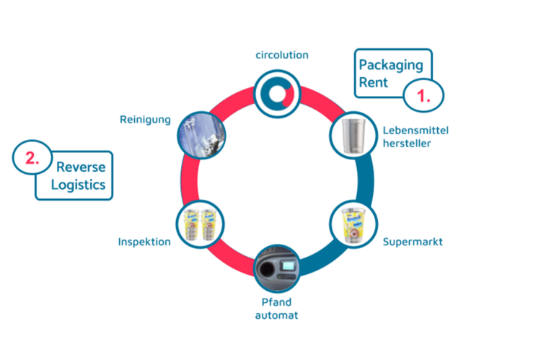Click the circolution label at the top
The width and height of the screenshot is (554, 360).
[x=282, y=55]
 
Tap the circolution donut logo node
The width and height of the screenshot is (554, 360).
[x=277, y=92]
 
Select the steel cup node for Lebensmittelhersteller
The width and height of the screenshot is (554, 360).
[x=353, y=136]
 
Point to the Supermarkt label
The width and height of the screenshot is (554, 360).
[x=413, y=241]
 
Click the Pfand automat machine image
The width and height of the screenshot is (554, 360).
[x=278, y=270]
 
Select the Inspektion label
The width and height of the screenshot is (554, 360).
[x=144, y=242]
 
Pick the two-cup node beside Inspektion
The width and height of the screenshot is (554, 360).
[x=200, y=223]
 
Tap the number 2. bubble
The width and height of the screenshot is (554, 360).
[x=33, y=159]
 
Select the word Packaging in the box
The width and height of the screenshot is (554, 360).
[x=391, y=65]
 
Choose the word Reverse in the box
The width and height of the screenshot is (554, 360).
[x=82, y=167]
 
